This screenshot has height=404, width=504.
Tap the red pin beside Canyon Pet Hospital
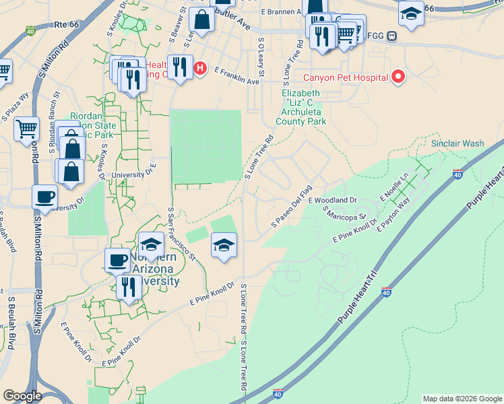click(398, 77)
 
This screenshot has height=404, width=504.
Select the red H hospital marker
click(199, 68)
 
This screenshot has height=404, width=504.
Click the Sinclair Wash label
click(458, 144)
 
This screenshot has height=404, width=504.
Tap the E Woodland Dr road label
click(332, 201)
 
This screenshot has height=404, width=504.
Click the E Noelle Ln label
click(395, 187)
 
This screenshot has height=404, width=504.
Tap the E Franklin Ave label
click(237, 75)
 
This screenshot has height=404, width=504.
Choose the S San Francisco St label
click(181, 234)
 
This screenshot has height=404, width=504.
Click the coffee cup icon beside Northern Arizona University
click(117, 259)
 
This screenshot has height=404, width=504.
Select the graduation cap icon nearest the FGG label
click(410, 13)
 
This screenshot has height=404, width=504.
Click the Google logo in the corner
click(22, 396)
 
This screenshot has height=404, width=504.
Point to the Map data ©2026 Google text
click(462, 399)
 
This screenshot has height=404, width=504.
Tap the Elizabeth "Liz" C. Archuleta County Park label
click(301, 107)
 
